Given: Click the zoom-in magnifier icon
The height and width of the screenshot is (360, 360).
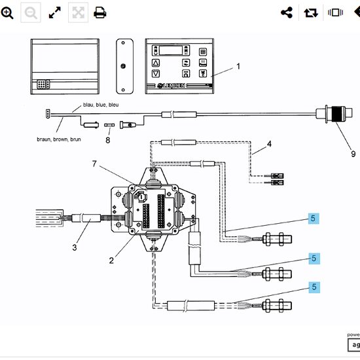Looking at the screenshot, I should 7,12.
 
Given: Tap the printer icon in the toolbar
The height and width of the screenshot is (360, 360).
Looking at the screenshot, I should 100,12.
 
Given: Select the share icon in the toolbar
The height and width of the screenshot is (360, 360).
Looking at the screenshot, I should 287,12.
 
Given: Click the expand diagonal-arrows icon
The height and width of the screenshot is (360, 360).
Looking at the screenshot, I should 55,12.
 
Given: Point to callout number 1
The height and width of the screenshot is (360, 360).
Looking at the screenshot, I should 238,66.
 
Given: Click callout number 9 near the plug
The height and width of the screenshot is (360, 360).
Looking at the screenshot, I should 353,154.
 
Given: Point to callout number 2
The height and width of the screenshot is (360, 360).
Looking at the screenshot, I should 112,260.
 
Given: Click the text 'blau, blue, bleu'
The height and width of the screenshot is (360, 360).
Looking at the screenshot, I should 101,105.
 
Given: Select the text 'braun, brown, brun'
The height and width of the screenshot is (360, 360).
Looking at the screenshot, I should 59,139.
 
